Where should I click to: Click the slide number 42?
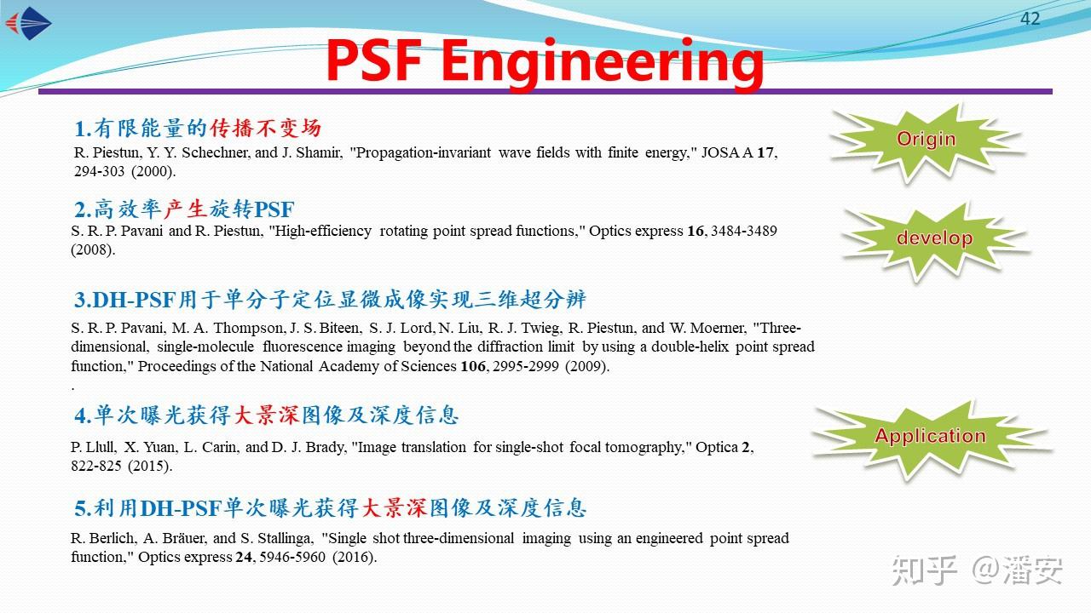1030,19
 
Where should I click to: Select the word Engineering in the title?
603,61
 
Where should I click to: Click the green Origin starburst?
926,140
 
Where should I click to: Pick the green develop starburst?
934,238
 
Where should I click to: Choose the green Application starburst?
930,437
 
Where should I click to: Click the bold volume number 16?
695,232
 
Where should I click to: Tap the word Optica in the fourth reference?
717,447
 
